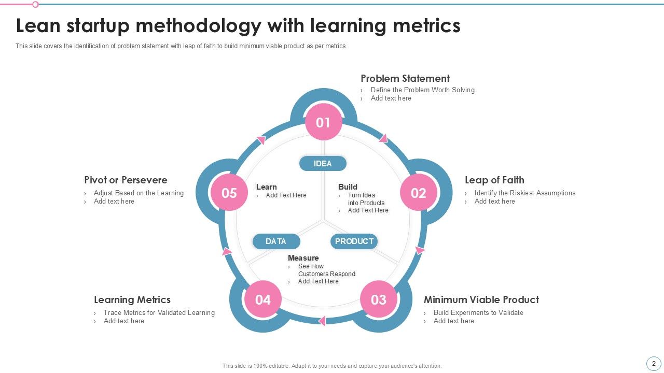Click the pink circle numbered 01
click(323, 122)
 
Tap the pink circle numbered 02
click(418, 193)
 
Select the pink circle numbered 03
click(378, 299)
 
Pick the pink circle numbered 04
click(263, 299)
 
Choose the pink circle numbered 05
click(229, 193)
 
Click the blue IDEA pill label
click(323, 164)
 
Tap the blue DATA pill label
click(276, 241)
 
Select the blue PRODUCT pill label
click(354, 241)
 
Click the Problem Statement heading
click(405, 79)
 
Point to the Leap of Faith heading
click(494, 180)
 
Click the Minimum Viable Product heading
click(481, 299)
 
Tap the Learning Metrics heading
click(132, 299)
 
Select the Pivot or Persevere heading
click(126, 180)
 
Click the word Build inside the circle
click(348, 187)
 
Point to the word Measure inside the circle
click(303, 258)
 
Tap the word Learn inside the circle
click(266, 187)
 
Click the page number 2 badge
click(654, 364)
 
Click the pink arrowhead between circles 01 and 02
click(383, 138)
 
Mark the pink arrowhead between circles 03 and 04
click(322, 321)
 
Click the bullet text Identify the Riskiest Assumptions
click(525, 193)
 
